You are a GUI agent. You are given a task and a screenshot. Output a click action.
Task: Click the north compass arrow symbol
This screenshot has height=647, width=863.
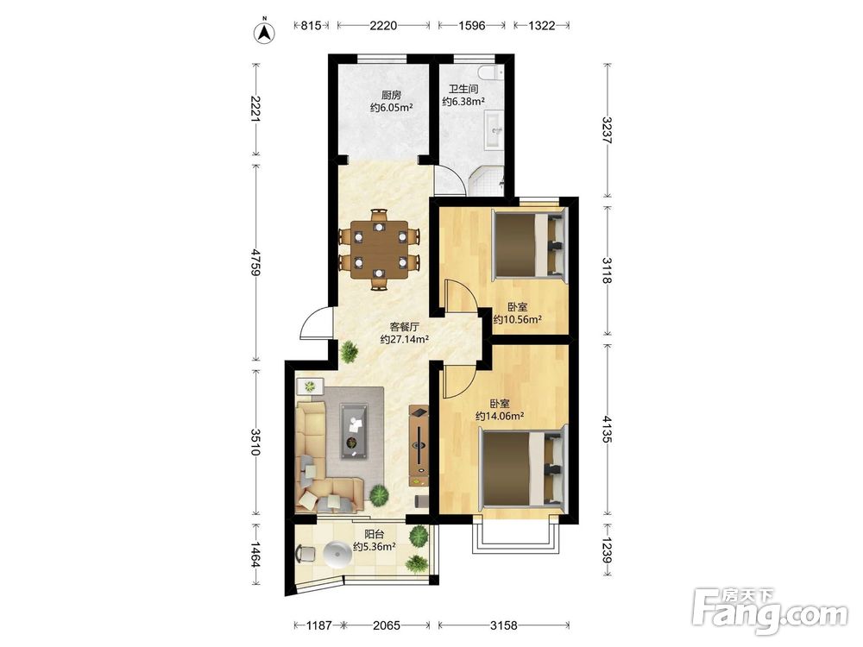point(264,32)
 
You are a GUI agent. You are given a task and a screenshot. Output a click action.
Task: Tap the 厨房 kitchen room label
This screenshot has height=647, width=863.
point(391,95)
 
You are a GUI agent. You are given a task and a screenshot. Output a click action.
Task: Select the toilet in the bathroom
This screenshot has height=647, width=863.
point(491,72)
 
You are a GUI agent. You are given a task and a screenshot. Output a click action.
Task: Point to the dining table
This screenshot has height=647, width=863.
point(379,249)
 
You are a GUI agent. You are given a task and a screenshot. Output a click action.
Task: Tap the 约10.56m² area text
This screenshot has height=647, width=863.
point(517,319)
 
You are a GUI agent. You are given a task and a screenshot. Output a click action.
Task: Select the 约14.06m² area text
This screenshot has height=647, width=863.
point(500,417)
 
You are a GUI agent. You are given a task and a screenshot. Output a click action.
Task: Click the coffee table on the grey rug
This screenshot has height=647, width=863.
point(355,430)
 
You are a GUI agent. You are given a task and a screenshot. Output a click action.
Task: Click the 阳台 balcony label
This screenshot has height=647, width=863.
point(375,534)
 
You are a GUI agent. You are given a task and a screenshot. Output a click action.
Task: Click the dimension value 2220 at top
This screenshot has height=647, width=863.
point(383,25)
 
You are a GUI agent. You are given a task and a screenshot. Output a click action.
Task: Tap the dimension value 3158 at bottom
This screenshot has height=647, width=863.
point(504,625)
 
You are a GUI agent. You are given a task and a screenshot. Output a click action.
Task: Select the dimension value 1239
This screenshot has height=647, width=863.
point(607,549)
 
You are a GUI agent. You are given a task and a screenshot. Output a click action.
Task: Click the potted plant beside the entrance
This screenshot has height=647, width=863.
point(349,352)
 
